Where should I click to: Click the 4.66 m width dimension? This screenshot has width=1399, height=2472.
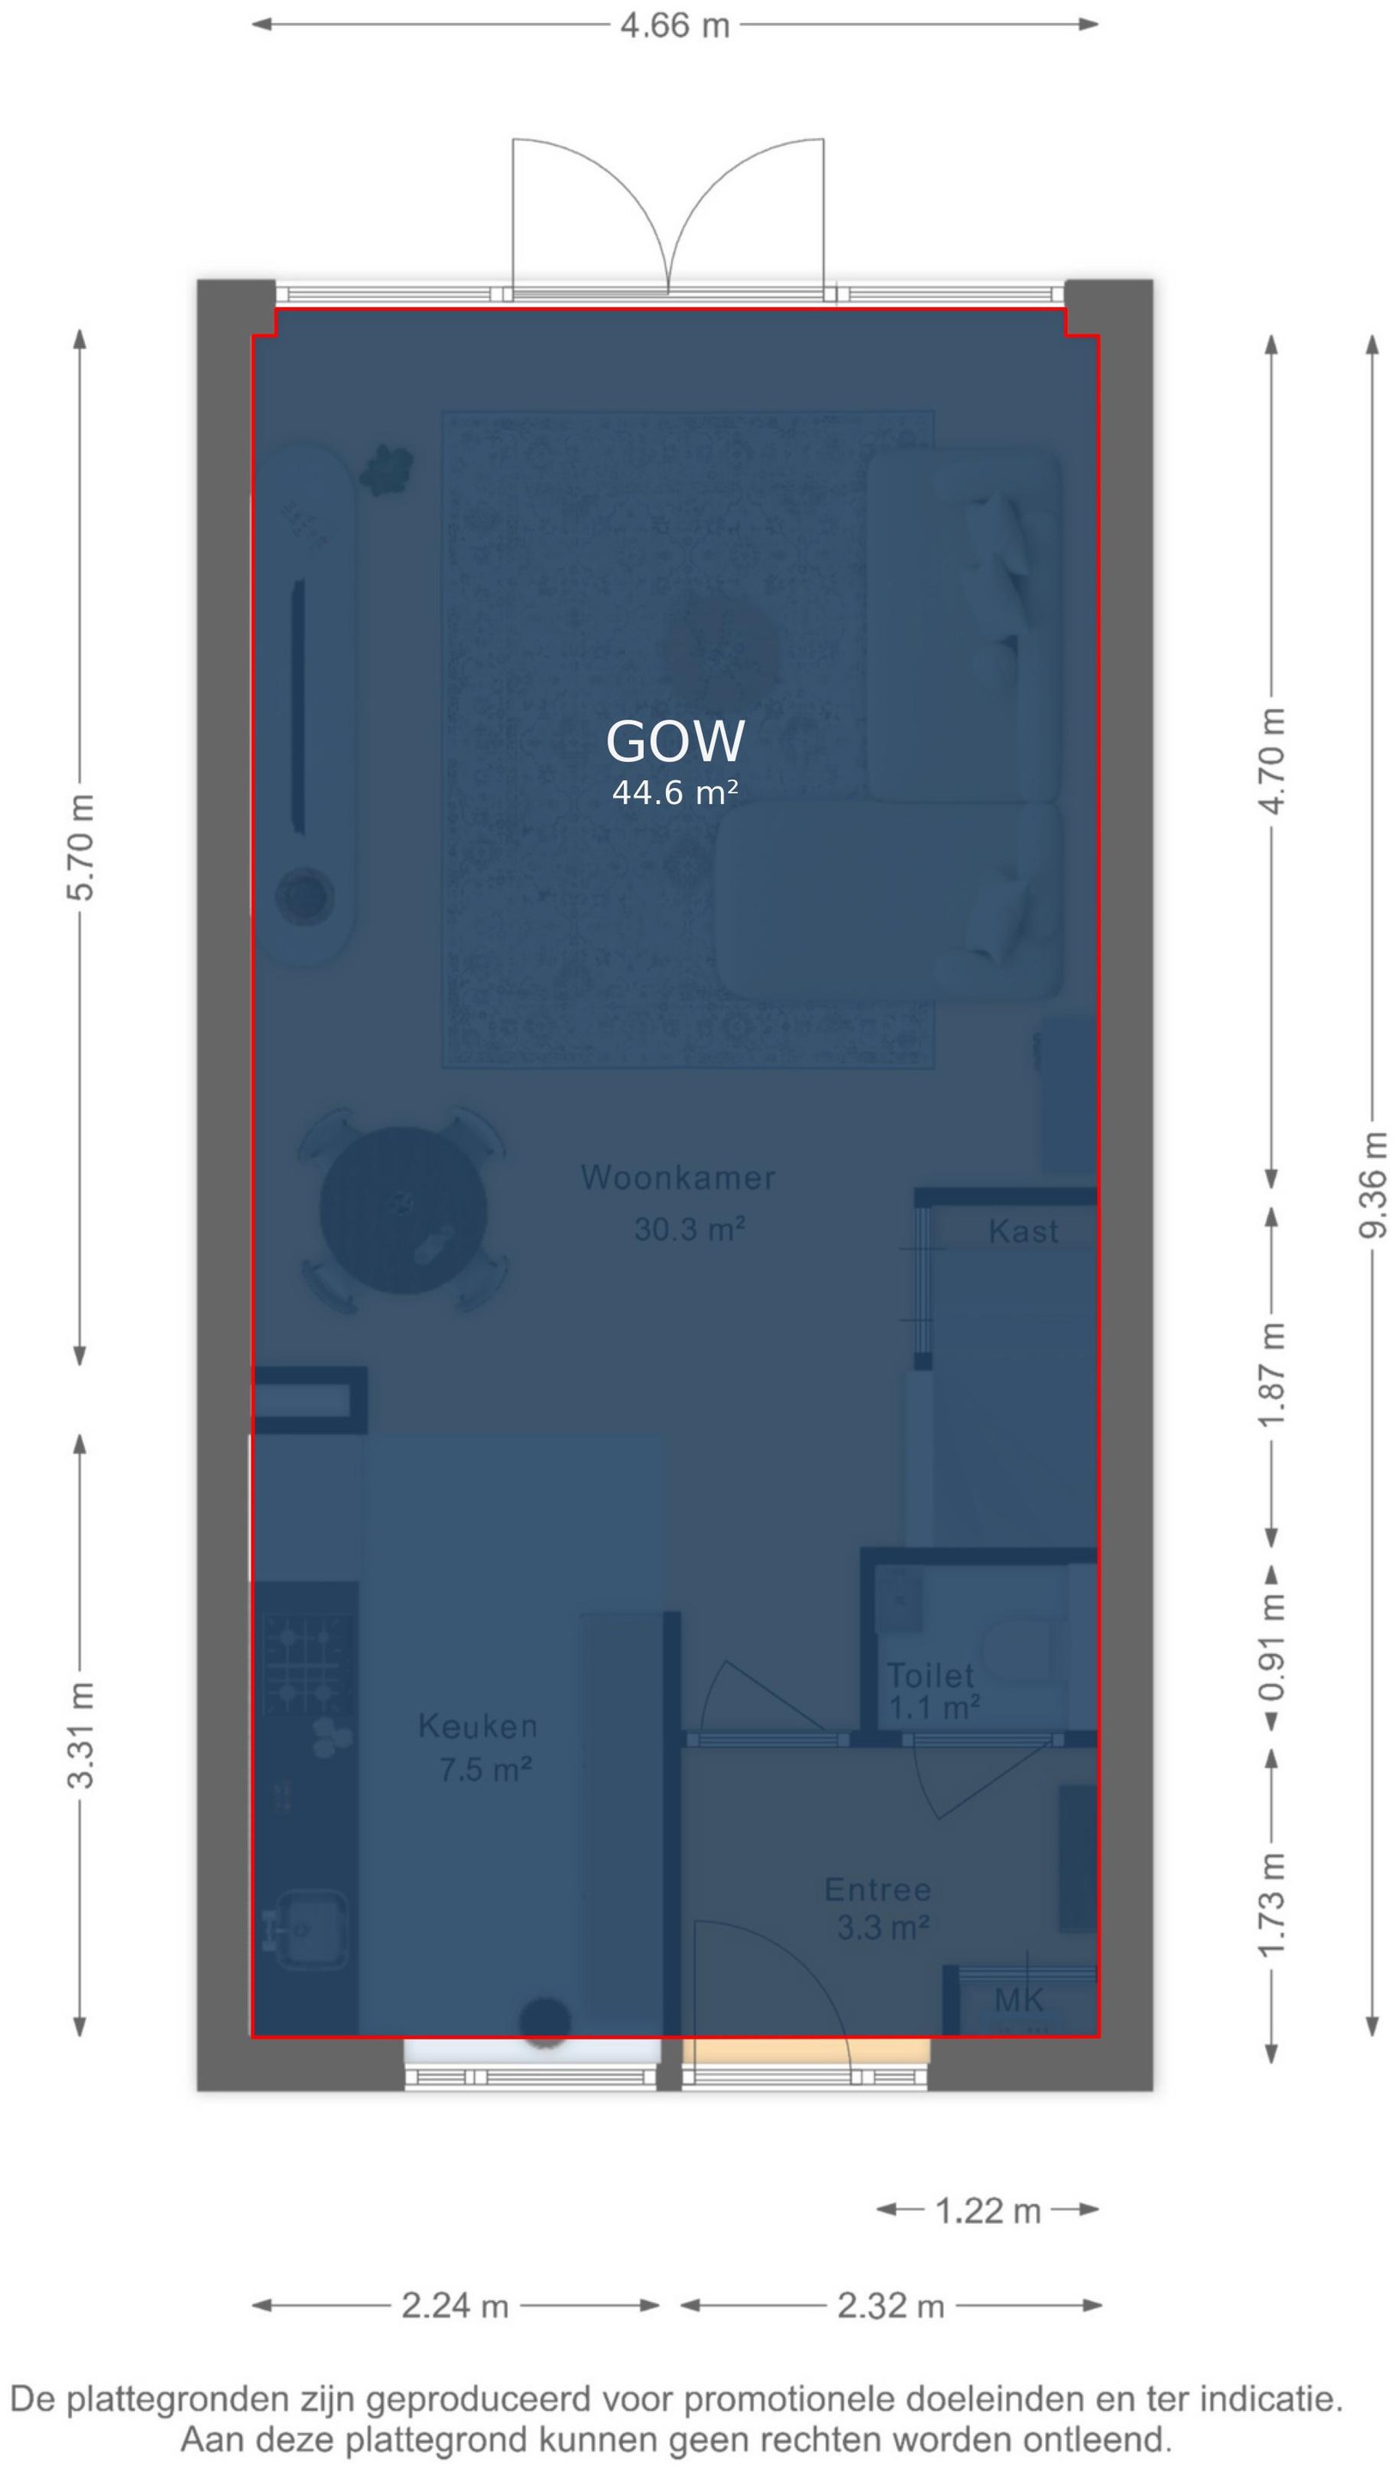[x=675, y=24]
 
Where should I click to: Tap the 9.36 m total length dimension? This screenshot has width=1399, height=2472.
[x=1373, y=1184]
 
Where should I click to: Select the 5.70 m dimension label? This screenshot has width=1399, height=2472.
[x=81, y=847]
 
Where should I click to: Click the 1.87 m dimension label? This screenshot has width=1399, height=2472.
[x=1271, y=1375]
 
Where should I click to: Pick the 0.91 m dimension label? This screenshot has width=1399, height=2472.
[x=1271, y=1648]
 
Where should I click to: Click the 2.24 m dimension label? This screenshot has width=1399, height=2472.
[x=455, y=2305]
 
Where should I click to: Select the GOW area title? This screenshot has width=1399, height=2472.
[x=675, y=742]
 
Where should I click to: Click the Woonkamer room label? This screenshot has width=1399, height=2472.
[x=677, y=1178]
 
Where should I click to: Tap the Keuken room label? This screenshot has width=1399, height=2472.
[x=477, y=1726]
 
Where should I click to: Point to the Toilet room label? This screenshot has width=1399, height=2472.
[x=930, y=1675]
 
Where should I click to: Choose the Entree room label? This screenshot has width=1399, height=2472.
[x=878, y=1890]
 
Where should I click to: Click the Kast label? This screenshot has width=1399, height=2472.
[x=1023, y=1232]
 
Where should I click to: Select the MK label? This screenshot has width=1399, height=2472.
[x=1019, y=2000]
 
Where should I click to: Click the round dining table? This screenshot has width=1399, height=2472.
[x=403, y=1209]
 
